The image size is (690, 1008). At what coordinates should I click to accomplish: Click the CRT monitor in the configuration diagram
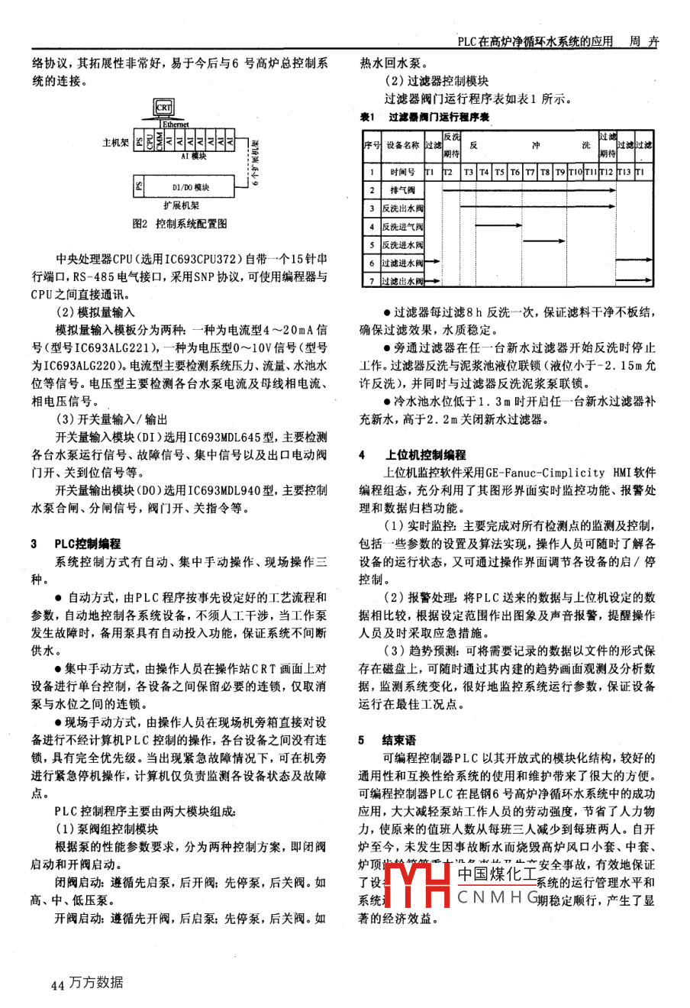coord(164,108)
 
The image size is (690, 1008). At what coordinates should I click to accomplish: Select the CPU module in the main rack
coord(149,142)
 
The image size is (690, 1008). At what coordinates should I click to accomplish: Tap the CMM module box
coord(159,142)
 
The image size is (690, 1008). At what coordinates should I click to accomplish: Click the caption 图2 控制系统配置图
coord(180,224)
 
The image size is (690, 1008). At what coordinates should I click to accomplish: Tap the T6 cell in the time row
coord(515,173)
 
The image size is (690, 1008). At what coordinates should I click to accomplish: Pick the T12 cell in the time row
coord(606,173)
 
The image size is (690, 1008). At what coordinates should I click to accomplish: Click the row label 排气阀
coord(402,190)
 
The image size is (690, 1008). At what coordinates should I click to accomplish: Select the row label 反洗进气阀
coord(402,227)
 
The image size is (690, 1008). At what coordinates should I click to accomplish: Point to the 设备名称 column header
coord(402,145)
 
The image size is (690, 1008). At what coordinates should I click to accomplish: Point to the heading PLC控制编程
coord(87,544)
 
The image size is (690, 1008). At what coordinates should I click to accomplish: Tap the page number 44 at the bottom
coord(56,985)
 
